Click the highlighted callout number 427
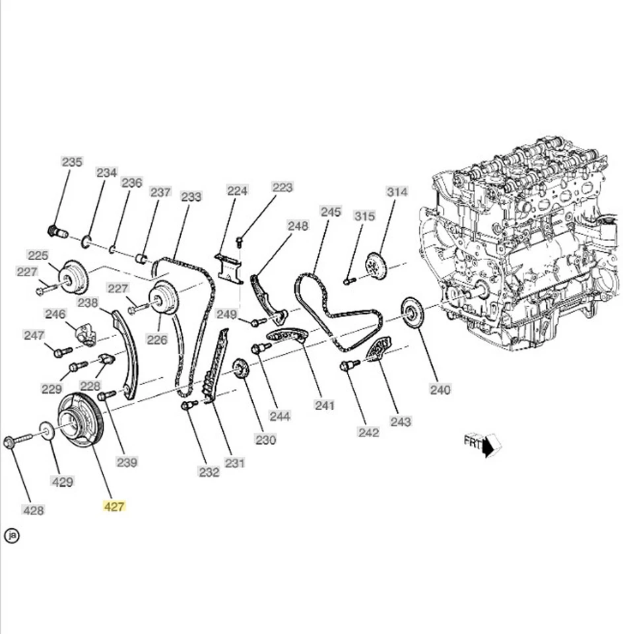pyautogui.click(x=114, y=507)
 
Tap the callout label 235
pyautogui.click(x=72, y=162)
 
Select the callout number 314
pyautogui.click(x=397, y=192)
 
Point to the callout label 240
pyautogui.click(x=440, y=390)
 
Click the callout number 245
pyautogui.click(x=331, y=211)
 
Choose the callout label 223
pyautogui.click(x=282, y=188)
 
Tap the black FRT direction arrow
pyautogui.click(x=489, y=446)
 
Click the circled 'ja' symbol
pyautogui.click(x=12, y=536)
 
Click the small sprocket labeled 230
pyautogui.click(x=241, y=369)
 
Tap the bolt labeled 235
pyautogui.click(x=57, y=232)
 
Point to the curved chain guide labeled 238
pyautogui.click(x=125, y=353)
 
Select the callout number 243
pyautogui.click(x=401, y=421)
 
